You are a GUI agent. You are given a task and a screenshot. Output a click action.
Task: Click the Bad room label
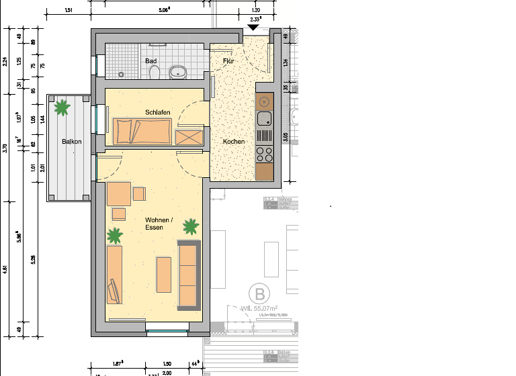pos(151,61)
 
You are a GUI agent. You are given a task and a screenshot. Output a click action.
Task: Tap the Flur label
pos(229,61)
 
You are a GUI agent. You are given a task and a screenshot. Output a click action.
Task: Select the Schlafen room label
pos(157,112)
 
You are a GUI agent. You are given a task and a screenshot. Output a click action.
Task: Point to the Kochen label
pos(234,142)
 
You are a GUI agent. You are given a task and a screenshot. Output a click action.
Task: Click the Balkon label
pos(72,142)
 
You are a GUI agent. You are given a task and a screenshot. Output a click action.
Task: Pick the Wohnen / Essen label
pos(159,224)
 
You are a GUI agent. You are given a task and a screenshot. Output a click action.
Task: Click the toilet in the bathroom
pos(155,71)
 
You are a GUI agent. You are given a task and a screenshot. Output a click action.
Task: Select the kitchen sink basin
pos(264,120)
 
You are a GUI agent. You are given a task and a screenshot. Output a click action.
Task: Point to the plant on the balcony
pos(62,106)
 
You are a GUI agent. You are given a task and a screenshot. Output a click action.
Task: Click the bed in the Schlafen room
pos(142,130)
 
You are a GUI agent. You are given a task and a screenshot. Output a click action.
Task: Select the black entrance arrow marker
pos(254,28)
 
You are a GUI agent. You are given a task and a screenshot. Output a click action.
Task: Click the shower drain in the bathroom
pos(121,73)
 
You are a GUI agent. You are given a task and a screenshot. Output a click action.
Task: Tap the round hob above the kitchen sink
pos(264,102)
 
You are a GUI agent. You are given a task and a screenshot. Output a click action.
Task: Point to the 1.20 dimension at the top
pos(255,11)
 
